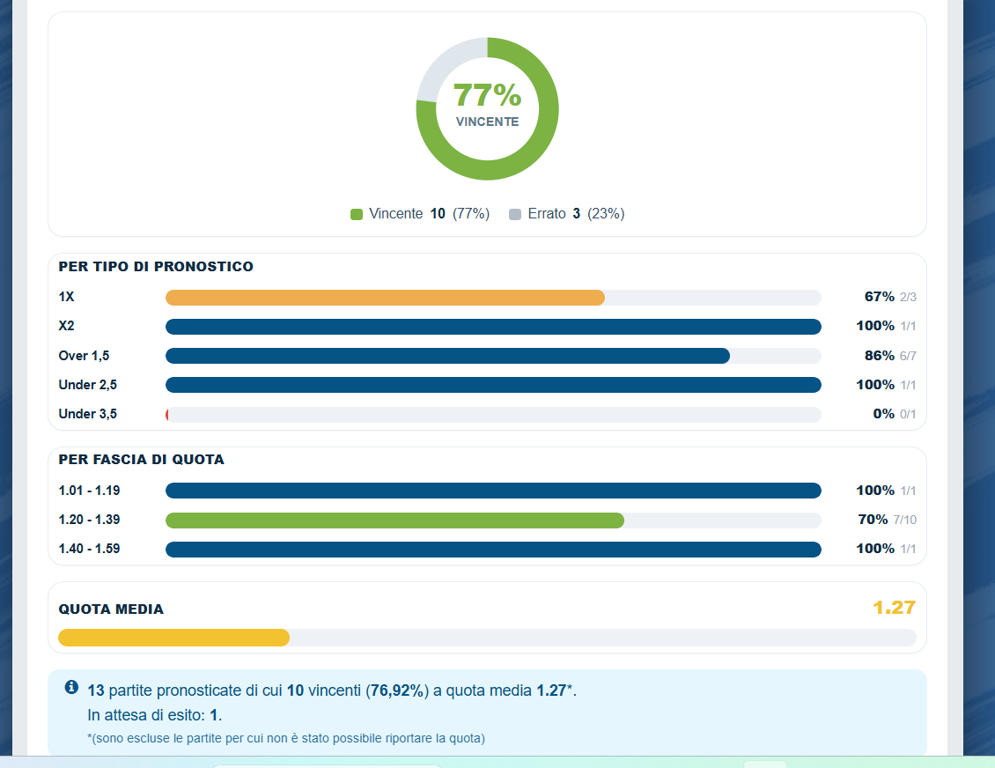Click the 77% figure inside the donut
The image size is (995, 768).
[487, 95]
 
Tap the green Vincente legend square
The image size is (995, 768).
[357, 215]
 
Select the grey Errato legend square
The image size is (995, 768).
[515, 215]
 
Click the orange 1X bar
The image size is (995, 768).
[385, 298]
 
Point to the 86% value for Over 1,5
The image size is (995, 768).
[880, 356]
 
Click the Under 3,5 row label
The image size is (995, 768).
[87, 414]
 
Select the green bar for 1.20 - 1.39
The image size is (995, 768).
[394, 521]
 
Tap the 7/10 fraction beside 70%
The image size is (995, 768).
[905, 520]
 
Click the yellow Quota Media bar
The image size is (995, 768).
[173, 638]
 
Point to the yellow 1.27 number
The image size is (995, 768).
[894, 608]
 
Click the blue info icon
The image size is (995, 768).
[71, 687]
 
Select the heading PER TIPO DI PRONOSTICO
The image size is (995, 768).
[156, 267]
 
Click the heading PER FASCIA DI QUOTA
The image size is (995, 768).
[142, 460]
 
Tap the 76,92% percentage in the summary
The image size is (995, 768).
[397, 690]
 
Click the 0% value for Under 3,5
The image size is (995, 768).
[884, 414]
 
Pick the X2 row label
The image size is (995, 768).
[67, 326]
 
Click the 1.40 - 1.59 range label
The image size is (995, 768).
[89, 549]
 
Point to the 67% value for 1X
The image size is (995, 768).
[880, 297]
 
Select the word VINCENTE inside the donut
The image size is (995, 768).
[487, 122]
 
